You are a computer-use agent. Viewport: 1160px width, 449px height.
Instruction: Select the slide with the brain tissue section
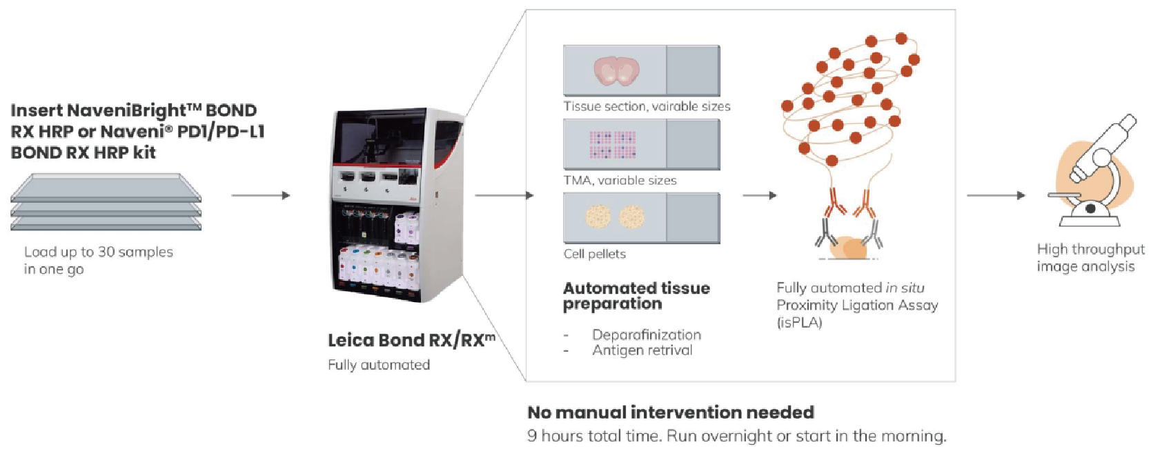click(641, 70)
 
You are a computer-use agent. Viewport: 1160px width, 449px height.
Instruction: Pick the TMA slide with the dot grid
click(641, 144)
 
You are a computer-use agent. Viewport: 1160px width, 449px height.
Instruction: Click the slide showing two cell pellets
click(641, 218)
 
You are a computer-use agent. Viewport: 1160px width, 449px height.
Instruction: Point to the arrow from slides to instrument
click(260, 196)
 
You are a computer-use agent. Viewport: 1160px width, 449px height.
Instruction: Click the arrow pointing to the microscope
click(996, 196)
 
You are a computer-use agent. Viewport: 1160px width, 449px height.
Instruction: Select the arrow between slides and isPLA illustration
click(759, 196)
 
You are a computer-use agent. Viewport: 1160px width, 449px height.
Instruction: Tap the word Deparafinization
click(646, 335)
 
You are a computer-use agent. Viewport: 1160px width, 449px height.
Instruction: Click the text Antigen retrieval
click(642, 350)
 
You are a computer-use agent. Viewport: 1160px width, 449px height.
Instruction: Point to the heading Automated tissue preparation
click(636, 296)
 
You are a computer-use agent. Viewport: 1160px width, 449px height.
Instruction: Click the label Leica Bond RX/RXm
click(411, 340)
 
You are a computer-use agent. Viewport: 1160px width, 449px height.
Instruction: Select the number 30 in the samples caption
click(106, 252)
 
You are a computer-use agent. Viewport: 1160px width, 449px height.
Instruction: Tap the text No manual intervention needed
click(670, 412)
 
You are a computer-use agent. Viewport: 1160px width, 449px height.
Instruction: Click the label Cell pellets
click(594, 254)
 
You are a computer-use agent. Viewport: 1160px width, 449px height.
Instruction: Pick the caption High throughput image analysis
click(1090, 258)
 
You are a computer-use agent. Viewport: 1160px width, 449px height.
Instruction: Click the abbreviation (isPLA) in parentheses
click(799, 323)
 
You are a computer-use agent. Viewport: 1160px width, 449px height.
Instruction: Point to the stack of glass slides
click(106, 201)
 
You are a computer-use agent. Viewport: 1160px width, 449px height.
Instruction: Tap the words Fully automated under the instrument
click(378, 365)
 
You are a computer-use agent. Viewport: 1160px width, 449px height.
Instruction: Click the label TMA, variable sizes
click(620, 181)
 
